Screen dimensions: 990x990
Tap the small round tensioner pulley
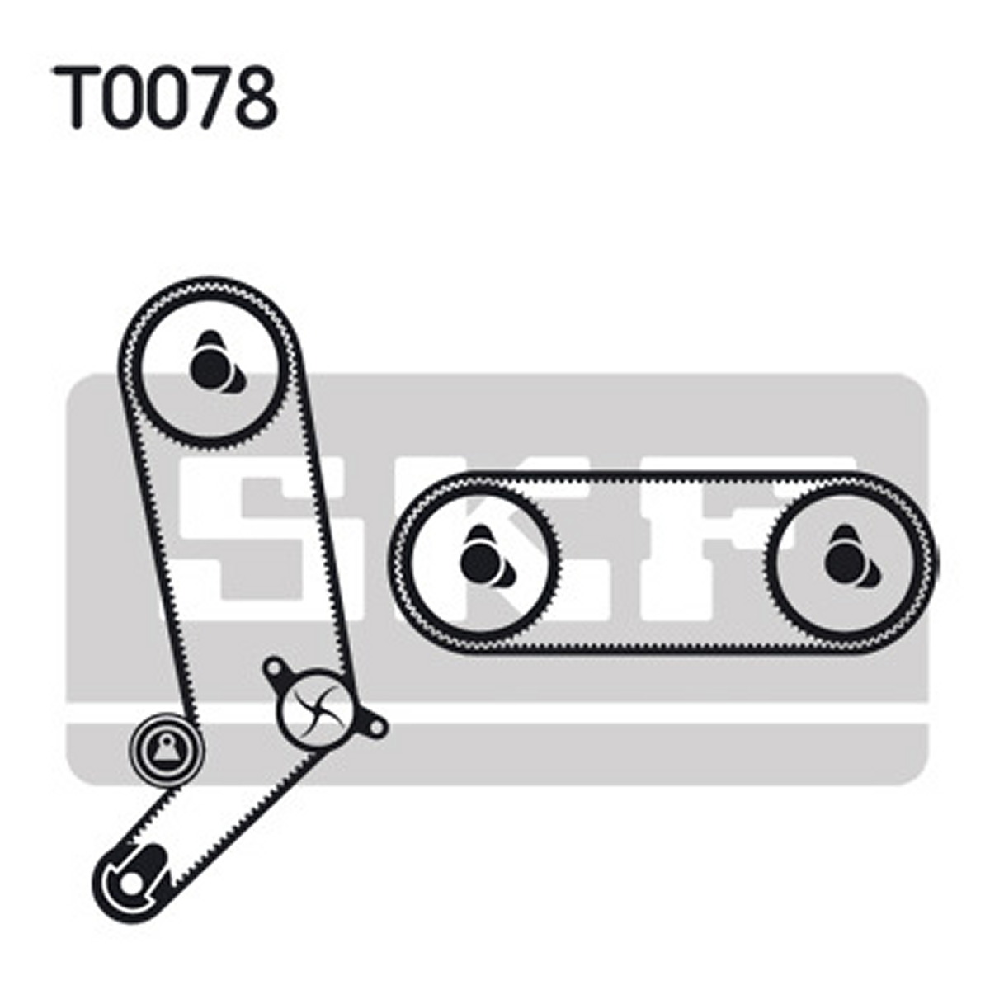click(166, 749)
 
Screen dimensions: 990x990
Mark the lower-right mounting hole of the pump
click(376, 726)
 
